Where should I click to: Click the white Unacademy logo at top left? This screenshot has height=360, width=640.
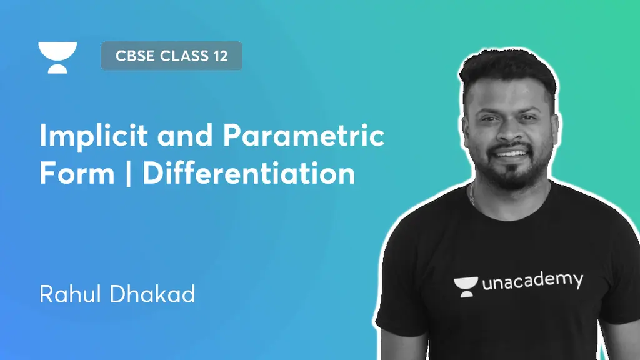tap(57, 57)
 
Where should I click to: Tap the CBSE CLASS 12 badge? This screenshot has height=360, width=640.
tap(171, 56)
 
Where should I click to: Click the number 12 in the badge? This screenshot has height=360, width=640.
tap(220, 56)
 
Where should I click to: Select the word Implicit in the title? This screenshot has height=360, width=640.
tap(94, 135)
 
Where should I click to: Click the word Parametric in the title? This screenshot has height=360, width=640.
tap(304, 135)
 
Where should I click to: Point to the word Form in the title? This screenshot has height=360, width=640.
tap(77, 173)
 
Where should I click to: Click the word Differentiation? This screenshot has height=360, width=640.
tap(249, 173)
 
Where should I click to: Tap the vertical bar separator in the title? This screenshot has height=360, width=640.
tap(129, 173)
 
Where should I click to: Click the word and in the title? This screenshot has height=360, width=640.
tap(185, 135)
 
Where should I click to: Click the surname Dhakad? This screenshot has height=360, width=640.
tap(152, 294)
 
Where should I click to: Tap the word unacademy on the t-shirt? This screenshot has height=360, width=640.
tap(532, 282)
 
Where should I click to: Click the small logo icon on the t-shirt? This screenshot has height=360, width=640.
tap(466, 287)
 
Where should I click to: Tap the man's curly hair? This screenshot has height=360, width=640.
tap(507, 69)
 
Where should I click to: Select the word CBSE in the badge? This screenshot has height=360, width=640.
tap(136, 56)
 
